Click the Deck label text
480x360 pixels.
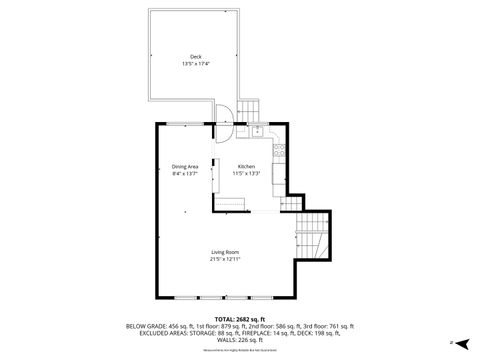point(195,56)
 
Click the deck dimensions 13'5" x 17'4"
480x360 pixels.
point(195,64)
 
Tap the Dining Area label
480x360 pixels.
point(185,166)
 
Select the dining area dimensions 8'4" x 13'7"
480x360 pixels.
point(185,174)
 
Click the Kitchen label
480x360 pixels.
point(246,166)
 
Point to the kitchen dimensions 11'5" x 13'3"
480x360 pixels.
point(246,174)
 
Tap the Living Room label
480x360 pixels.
point(225,251)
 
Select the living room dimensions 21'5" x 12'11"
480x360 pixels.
point(225,259)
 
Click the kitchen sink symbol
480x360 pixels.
point(257,130)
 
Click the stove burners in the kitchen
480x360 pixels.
point(283,153)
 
